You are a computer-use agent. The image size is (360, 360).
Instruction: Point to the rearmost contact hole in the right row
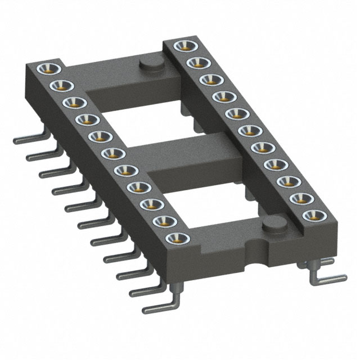[x=182, y=46]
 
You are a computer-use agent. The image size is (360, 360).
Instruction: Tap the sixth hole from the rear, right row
[x=246, y=130]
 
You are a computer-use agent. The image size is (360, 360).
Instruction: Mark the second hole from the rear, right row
[x=195, y=61]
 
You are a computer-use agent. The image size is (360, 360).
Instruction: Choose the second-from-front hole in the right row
[x=298, y=198]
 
